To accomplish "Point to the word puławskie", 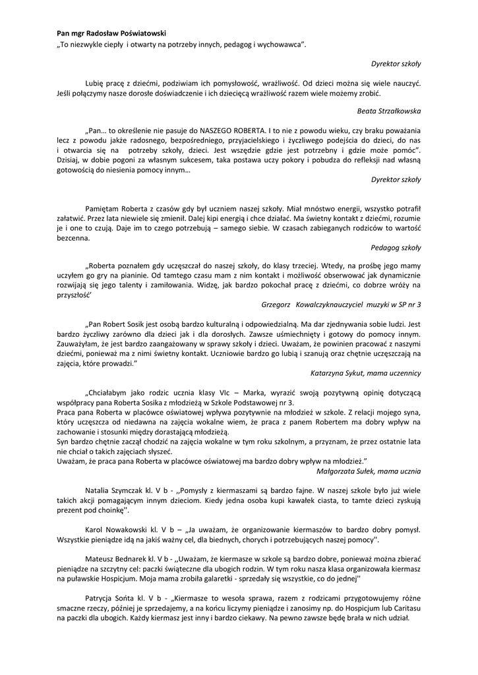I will [x=82, y=579].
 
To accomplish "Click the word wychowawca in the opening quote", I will [x=280, y=43].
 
